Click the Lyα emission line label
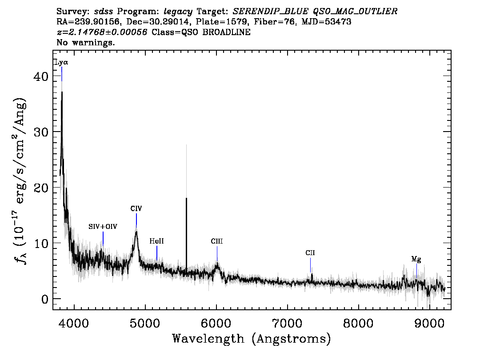[x=62, y=62]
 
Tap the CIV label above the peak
[x=136, y=208]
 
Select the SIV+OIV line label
[x=103, y=227]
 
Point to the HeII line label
[x=156, y=241]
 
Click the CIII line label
[x=216, y=241]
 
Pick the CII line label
[x=310, y=253]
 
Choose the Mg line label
[x=416, y=259]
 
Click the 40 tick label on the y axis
[x=41, y=76]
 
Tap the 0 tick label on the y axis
[x=45, y=299]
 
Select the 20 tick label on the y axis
[x=41, y=188]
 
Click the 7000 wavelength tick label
[x=287, y=323]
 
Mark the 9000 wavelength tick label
[x=429, y=323]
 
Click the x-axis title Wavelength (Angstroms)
[x=252, y=339]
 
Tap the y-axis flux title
[x=20, y=180]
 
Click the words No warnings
[x=85, y=42]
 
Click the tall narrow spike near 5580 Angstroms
[x=186, y=233]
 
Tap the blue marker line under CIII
[x=217, y=254]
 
